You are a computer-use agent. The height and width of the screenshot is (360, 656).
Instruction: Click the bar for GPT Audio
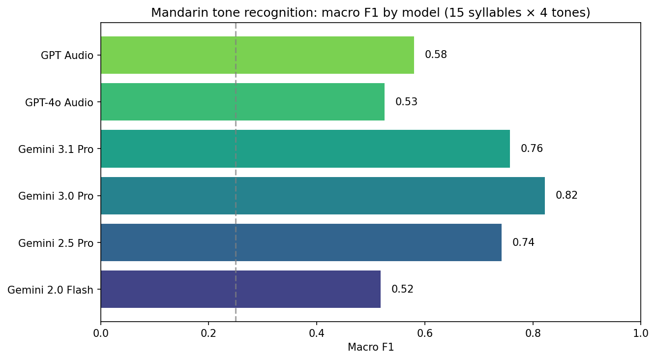click(x=257, y=55)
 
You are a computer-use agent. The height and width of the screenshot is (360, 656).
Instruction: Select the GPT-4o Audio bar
click(x=242, y=102)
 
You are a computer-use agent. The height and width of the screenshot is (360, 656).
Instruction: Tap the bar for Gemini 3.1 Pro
click(x=305, y=149)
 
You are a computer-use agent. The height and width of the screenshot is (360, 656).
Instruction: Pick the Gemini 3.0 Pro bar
click(x=323, y=196)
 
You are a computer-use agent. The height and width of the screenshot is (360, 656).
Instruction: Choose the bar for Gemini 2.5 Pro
click(x=301, y=242)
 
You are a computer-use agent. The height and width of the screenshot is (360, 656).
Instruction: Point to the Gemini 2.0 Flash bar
click(x=240, y=289)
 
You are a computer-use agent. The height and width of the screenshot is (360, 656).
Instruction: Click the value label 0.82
click(x=567, y=196)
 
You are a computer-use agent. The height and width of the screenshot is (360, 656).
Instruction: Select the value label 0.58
click(x=436, y=55)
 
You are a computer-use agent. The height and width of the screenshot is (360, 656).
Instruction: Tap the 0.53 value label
click(x=406, y=102)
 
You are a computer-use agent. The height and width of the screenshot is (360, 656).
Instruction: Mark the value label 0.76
click(x=532, y=149)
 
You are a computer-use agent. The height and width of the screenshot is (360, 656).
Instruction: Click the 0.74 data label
click(x=523, y=242)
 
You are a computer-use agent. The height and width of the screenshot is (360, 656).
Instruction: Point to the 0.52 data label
click(x=402, y=289)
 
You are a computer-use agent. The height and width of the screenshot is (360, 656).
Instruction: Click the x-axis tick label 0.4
click(x=317, y=333)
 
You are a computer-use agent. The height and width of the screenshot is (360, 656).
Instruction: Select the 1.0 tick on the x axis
click(x=640, y=333)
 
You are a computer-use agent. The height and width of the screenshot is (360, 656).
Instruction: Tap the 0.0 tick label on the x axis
click(x=101, y=333)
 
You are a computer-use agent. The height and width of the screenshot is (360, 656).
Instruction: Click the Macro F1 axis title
click(x=370, y=347)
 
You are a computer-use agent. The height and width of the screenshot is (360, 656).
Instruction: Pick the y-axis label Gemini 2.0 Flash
click(x=51, y=290)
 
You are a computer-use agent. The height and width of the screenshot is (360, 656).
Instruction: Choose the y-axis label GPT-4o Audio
click(x=60, y=102)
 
